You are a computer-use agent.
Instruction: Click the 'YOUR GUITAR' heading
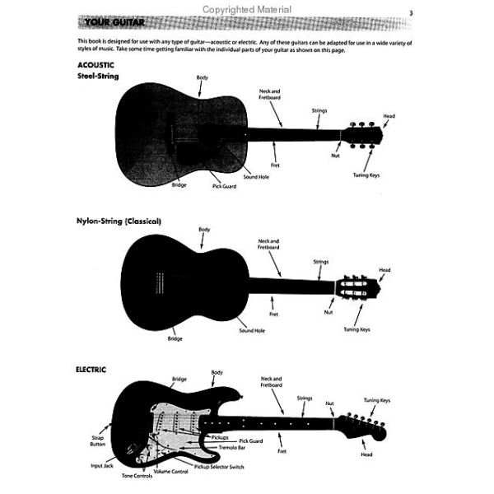(x=114, y=23)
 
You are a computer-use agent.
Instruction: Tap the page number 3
(x=411, y=13)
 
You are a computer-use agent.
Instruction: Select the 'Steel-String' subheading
(x=98, y=77)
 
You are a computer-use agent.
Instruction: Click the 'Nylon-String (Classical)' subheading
(x=119, y=221)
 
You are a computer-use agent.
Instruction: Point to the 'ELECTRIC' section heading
(x=91, y=370)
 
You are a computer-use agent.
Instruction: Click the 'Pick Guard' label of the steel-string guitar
(x=224, y=186)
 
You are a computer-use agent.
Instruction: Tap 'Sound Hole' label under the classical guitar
(x=252, y=330)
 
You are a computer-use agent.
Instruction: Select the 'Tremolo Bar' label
(x=232, y=447)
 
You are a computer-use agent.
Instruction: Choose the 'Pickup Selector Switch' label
(x=219, y=467)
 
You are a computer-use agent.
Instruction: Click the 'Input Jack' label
(x=102, y=466)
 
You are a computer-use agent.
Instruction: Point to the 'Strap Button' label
(x=98, y=440)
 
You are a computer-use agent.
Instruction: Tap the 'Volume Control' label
(x=170, y=471)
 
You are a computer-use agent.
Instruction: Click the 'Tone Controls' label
(x=137, y=476)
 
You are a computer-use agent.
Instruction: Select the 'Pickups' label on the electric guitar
(x=220, y=438)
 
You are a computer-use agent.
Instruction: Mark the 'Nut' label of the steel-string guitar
(x=335, y=156)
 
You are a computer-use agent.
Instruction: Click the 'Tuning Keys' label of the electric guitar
(x=377, y=400)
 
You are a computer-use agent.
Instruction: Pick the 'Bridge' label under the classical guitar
(x=175, y=338)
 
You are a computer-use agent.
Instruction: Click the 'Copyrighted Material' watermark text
(x=247, y=10)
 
